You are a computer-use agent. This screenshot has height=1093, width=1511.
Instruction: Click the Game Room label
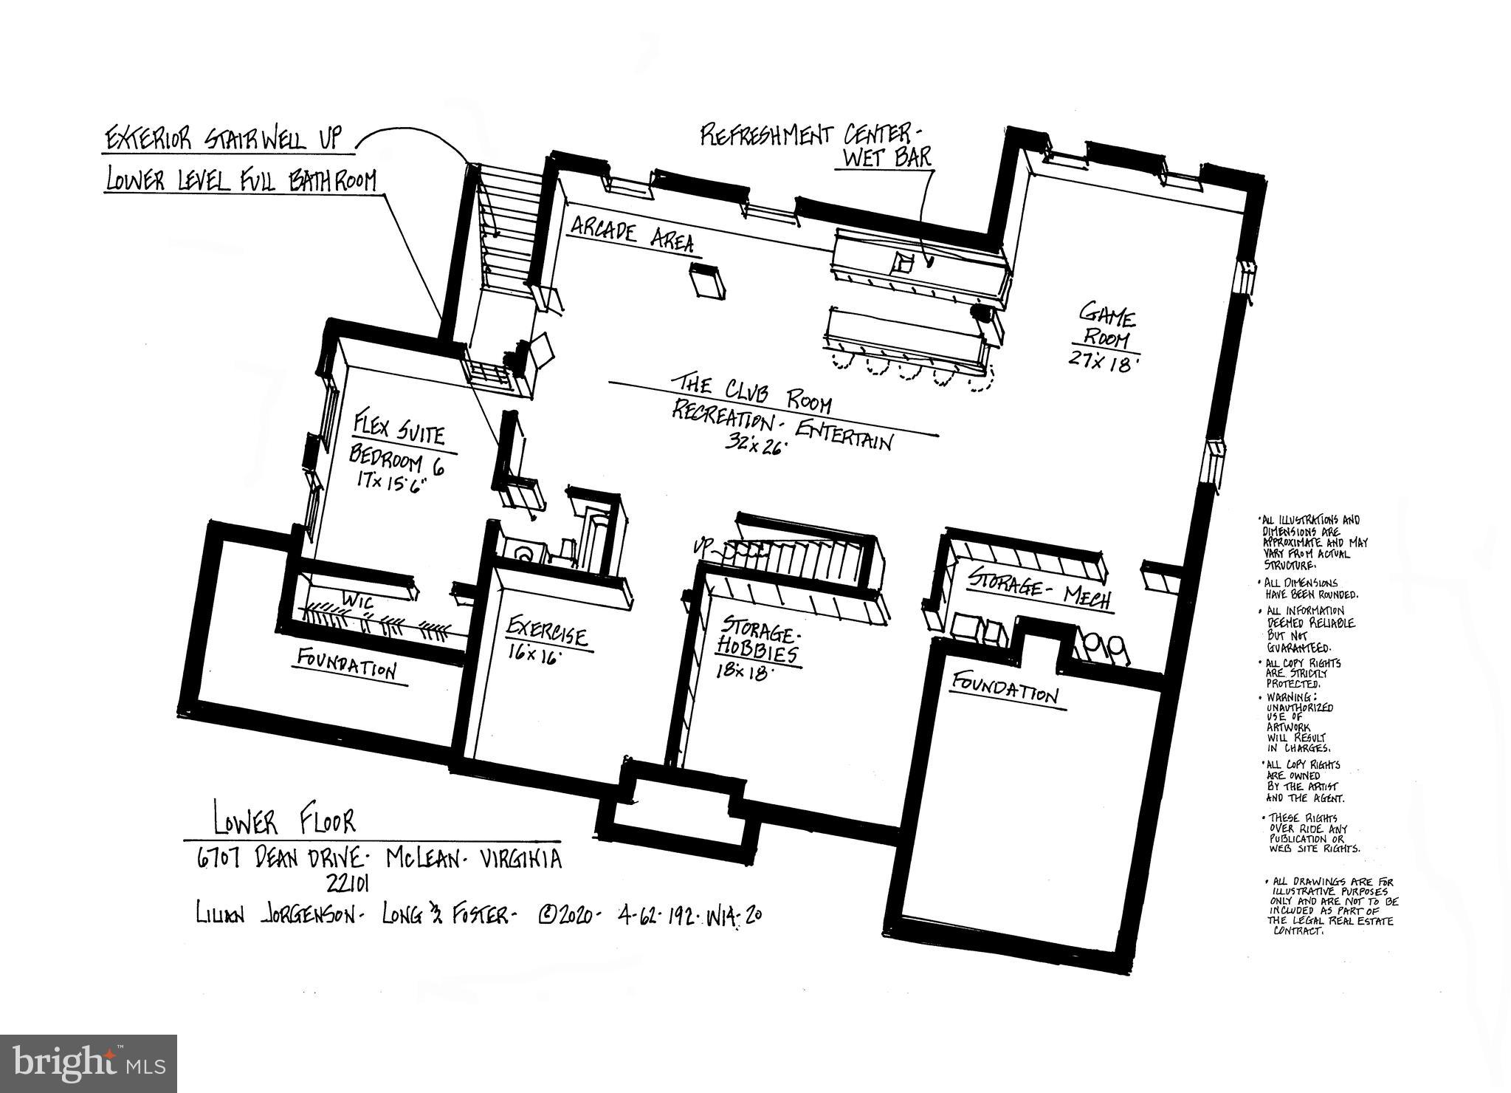[1107, 329]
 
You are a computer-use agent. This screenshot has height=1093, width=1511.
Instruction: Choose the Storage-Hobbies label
[757, 644]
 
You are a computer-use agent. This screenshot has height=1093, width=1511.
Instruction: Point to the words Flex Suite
[399, 431]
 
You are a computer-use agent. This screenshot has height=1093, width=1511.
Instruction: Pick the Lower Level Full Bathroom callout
[241, 180]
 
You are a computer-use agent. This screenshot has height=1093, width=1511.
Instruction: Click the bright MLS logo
[88, 1063]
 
